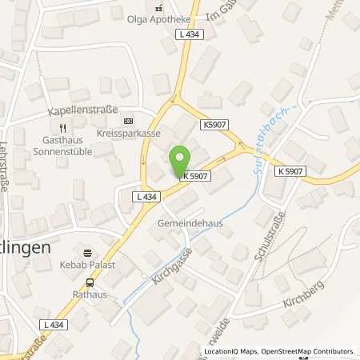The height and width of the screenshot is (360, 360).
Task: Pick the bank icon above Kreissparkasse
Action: (125, 122)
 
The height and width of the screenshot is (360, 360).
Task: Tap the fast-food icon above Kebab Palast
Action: (89, 250)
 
